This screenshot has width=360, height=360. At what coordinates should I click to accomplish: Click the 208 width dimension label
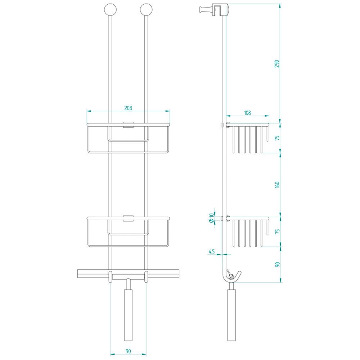point(128,108)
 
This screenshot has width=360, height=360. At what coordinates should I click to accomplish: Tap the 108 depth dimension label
point(247,113)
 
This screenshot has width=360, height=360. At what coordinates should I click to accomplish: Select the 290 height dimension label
point(277,64)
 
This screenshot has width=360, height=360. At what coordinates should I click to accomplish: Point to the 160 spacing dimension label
point(277,185)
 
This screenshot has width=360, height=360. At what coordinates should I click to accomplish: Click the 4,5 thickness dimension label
point(212,251)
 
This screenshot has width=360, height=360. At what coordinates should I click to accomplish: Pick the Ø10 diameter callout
point(211,218)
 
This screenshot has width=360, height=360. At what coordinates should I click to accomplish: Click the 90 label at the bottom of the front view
point(128,351)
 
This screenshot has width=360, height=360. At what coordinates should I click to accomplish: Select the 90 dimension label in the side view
point(277,265)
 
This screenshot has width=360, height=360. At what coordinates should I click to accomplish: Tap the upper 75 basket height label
point(277,138)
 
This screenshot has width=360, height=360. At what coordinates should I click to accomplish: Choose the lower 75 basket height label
point(277,231)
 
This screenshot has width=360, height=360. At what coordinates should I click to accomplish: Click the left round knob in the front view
point(110,10)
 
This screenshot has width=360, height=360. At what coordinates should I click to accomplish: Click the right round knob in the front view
point(146,10)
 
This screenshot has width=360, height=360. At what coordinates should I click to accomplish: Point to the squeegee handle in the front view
point(129,315)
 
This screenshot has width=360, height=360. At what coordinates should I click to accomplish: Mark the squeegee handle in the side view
point(231,315)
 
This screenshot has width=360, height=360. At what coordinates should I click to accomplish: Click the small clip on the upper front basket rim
point(128,125)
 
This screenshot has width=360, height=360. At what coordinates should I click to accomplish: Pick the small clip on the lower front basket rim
point(128,219)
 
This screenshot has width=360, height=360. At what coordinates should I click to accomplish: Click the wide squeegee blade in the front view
point(128,273)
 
